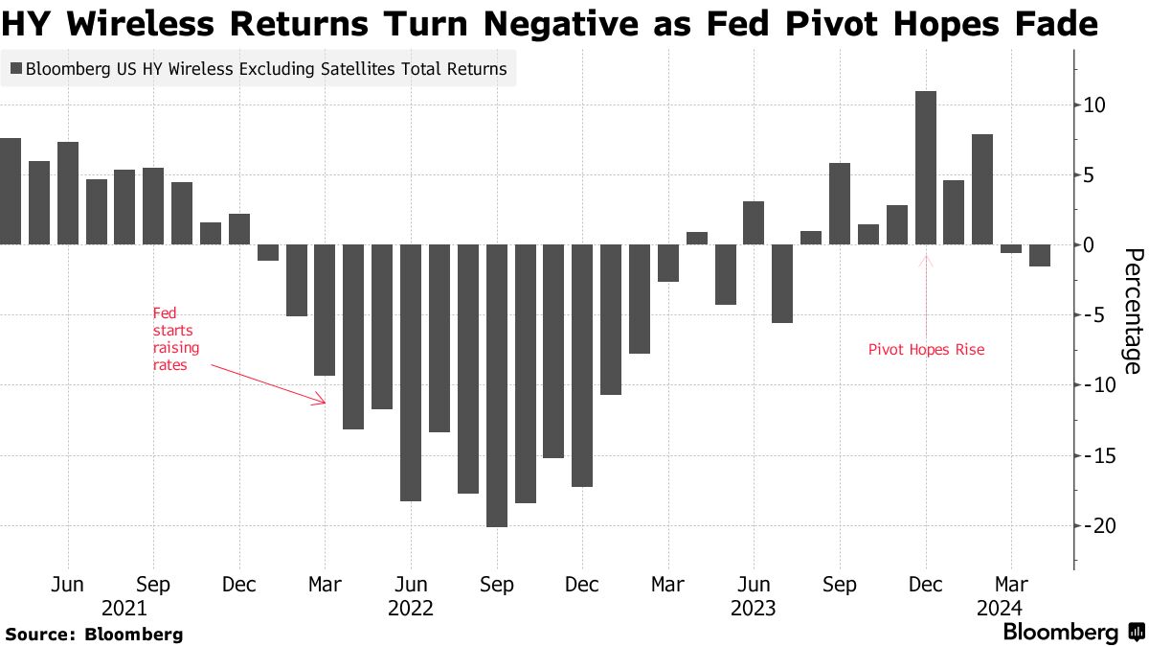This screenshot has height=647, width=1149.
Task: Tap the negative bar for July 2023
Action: point(782,284)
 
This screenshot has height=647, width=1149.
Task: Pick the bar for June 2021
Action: point(67,193)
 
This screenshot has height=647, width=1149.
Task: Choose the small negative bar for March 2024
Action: point(1011,248)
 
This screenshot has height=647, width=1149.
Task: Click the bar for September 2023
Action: point(840,203)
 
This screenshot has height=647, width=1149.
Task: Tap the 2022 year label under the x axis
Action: point(411,608)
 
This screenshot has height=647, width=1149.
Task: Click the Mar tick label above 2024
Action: point(1011,584)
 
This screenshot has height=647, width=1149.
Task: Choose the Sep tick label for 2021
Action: point(153,584)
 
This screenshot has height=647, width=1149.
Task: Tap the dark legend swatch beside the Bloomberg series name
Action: point(16,69)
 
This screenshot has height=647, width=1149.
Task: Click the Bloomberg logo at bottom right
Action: point(1071,633)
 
